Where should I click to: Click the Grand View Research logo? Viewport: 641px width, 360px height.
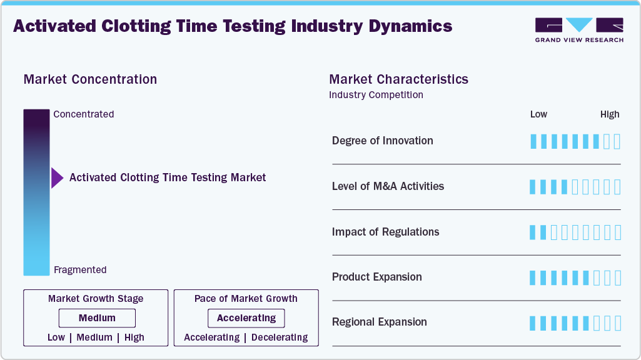(x=579, y=29)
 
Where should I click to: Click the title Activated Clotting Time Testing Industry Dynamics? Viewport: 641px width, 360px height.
(x=232, y=26)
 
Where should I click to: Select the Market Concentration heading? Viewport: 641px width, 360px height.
(x=90, y=79)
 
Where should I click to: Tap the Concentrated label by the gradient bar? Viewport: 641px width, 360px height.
(x=84, y=114)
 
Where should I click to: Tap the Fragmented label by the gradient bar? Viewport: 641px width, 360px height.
(x=80, y=270)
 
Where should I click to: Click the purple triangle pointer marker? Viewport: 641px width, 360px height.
(x=57, y=178)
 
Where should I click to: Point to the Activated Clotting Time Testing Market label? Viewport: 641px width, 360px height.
(x=168, y=177)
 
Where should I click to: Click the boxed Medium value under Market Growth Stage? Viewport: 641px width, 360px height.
(x=97, y=318)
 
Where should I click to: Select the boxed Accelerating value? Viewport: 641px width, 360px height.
(x=246, y=318)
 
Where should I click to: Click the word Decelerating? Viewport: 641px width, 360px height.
(x=279, y=337)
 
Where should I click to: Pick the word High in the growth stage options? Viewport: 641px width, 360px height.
(x=134, y=337)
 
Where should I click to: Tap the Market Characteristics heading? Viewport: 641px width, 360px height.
(x=398, y=79)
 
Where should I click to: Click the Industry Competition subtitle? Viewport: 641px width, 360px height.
(x=376, y=95)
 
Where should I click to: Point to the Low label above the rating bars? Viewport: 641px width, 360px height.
(x=538, y=114)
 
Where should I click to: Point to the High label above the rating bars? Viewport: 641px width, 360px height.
(x=610, y=114)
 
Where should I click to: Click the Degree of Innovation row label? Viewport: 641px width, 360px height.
(x=382, y=141)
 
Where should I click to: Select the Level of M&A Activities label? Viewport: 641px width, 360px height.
(x=388, y=186)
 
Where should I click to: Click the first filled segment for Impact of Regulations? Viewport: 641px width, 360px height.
(x=533, y=232)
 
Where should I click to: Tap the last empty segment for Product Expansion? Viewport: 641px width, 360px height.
(x=617, y=278)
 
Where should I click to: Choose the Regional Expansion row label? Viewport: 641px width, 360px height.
(x=379, y=322)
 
